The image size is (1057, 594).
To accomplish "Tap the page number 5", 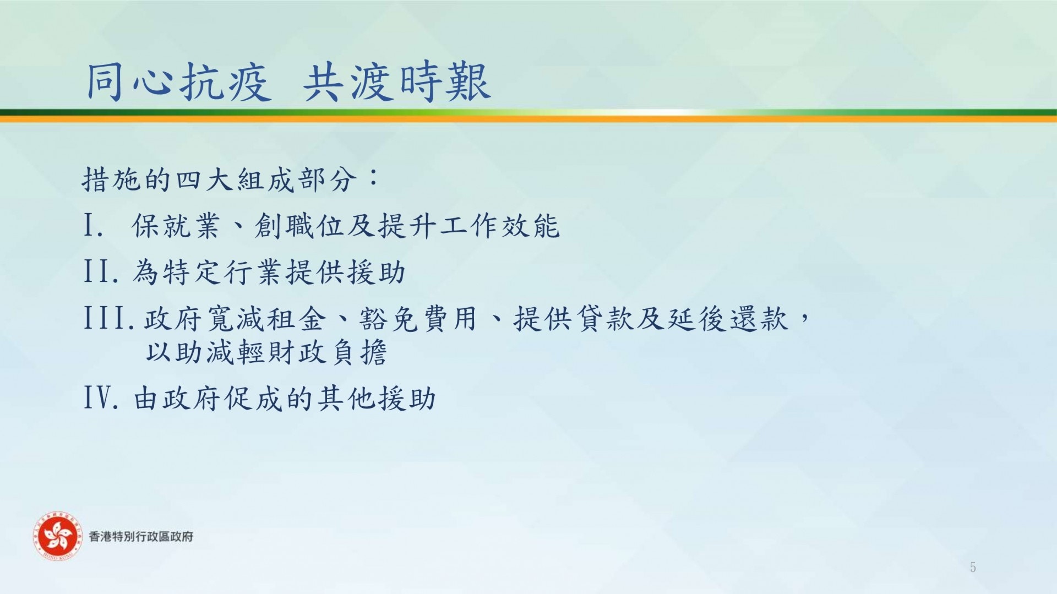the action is pyautogui.click(x=973, y=567).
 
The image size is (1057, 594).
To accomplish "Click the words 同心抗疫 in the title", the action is pyautogui.click(x=178, y=83).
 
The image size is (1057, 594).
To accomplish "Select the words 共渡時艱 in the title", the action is pyautogui.click(x=396, y=83).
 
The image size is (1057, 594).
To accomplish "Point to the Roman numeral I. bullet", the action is pyautogui.click(x=93, y=226).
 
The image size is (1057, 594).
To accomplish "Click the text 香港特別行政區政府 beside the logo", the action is pyautogui.click(x=141, y=537).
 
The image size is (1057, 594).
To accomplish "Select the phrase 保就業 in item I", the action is pyautogui.click(x=176, y=226).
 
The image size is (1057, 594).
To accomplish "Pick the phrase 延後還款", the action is pyautogui.click(x=728, y=319).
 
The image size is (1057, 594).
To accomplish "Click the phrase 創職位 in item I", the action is pyautogui.click(x=299, y=226).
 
